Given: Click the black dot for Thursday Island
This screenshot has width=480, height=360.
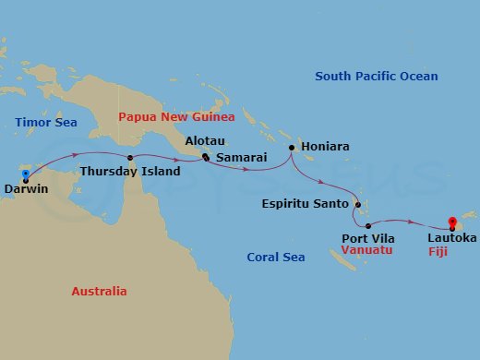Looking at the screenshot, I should (130, 158).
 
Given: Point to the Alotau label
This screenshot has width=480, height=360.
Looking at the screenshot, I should (204, 142).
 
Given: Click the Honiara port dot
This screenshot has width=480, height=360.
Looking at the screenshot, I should (291, 148).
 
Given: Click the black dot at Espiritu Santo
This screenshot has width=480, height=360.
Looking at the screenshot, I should (355, 203).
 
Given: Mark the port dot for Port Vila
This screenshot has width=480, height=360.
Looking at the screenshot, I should (367, 225).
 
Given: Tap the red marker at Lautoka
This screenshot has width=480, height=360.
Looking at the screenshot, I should (451, 221).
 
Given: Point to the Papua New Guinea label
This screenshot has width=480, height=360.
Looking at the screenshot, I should (176, 117).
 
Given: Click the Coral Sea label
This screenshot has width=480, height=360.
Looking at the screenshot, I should (275, 258).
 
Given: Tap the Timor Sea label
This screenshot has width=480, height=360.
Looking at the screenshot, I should (43, 122).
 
